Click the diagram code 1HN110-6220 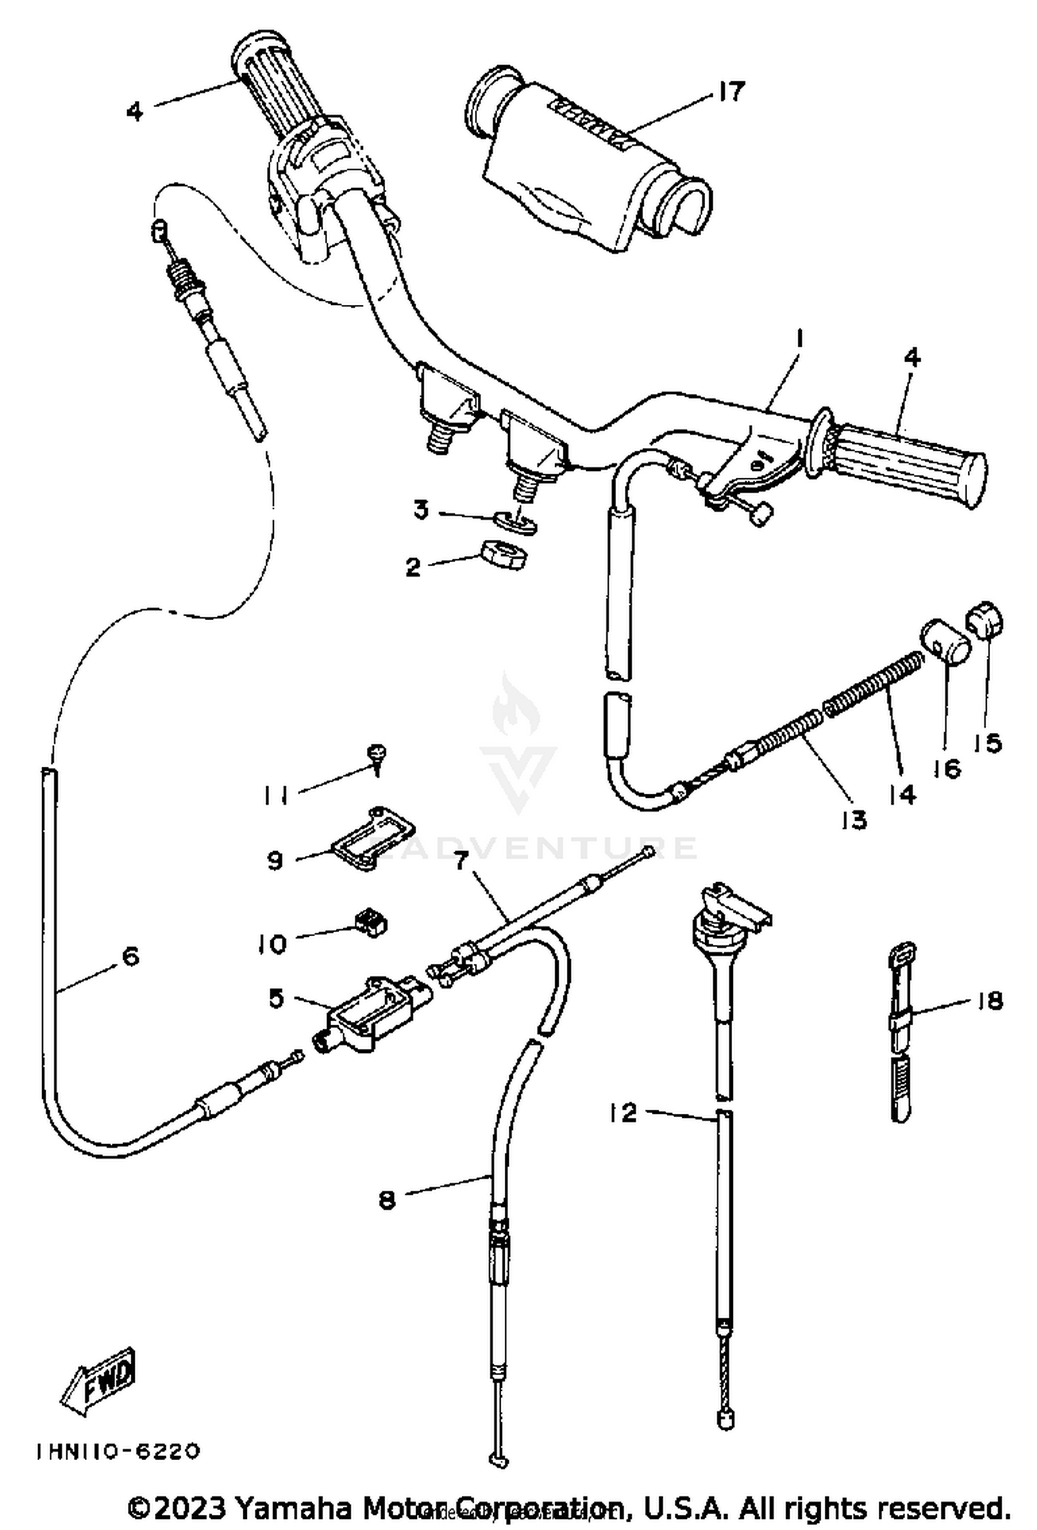[x=118, y=1450]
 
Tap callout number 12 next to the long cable [x=623, y=1112]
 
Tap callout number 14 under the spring [x=902, y=794]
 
